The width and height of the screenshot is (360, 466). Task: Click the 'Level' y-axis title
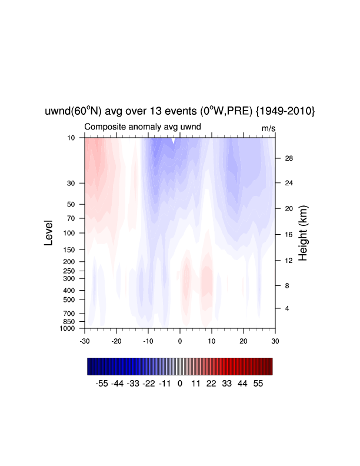pyautogui.click(x=48, y=232)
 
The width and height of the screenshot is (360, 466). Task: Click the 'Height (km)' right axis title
pyautogui.click(x=303, y=233)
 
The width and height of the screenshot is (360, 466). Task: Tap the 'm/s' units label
pyautogui.click(x=268, y=128)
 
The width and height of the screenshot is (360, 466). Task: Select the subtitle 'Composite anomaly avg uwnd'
pyautogui.click(x=142, y=127)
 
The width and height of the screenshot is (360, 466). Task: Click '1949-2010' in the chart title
pyautogui.click(x=285, y=111)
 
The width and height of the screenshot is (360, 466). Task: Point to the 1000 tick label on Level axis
pyautogui.click(x=67, y=328)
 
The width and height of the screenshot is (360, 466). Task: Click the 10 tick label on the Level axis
pyautogui.click(x=71, y=138)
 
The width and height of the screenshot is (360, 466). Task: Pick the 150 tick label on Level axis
pyautogui.click(x=69, y=249)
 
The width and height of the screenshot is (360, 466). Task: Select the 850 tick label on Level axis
pyautogui.click(x=69, y=322)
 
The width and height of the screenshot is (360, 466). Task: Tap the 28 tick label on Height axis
pyautogui.click(x=289, y=158)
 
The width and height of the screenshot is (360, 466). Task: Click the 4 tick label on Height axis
pyautogui.click(x=287, y=308)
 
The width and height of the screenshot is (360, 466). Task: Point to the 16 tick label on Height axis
pyautogui.click(x=289, y=235)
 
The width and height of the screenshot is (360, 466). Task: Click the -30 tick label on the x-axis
pyautogui.click(x=85, y=341)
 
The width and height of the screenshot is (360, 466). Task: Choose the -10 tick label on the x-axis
pyautogui.click(x=148, y=341)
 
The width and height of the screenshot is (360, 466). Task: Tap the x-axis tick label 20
pyautogui.click(x=244, y=341)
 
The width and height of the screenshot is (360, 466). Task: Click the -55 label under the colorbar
pyautogui.click(x=102, y=384)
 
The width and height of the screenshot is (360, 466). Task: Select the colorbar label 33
pyautogui.click(x=226, y=384)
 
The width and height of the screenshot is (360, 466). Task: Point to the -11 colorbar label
pyautogui.click(x=165, y=384)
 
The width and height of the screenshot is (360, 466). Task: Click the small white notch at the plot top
pyautogui.click(x=173, y=141)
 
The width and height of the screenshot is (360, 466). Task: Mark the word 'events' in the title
pyautogui.click(x=181, y=111)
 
